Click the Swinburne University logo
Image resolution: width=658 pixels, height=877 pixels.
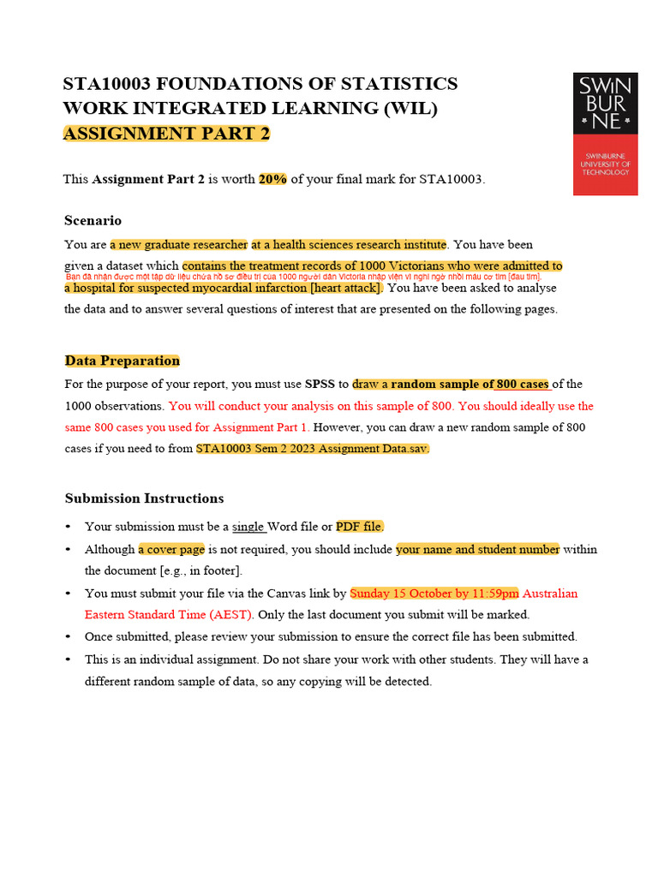click(605, 134)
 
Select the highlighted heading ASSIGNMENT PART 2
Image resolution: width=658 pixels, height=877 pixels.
click(166, 134)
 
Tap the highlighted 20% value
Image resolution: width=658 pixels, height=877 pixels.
click(273, 179)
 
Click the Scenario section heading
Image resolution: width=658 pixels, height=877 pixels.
click(93, 220)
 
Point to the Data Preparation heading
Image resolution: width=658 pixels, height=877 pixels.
click(123, 361)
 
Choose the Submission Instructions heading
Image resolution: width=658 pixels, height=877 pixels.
click(144, 498)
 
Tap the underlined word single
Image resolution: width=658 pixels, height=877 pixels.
click(249, 527)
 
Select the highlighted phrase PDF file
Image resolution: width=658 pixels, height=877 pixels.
click(360, 527)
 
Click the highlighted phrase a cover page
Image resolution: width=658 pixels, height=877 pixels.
click(171, 549)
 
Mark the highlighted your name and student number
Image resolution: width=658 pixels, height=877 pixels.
click(477, 549)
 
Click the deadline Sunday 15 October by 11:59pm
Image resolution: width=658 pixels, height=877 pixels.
click(434, 593)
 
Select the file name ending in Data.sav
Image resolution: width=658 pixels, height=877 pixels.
click(313, 449)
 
